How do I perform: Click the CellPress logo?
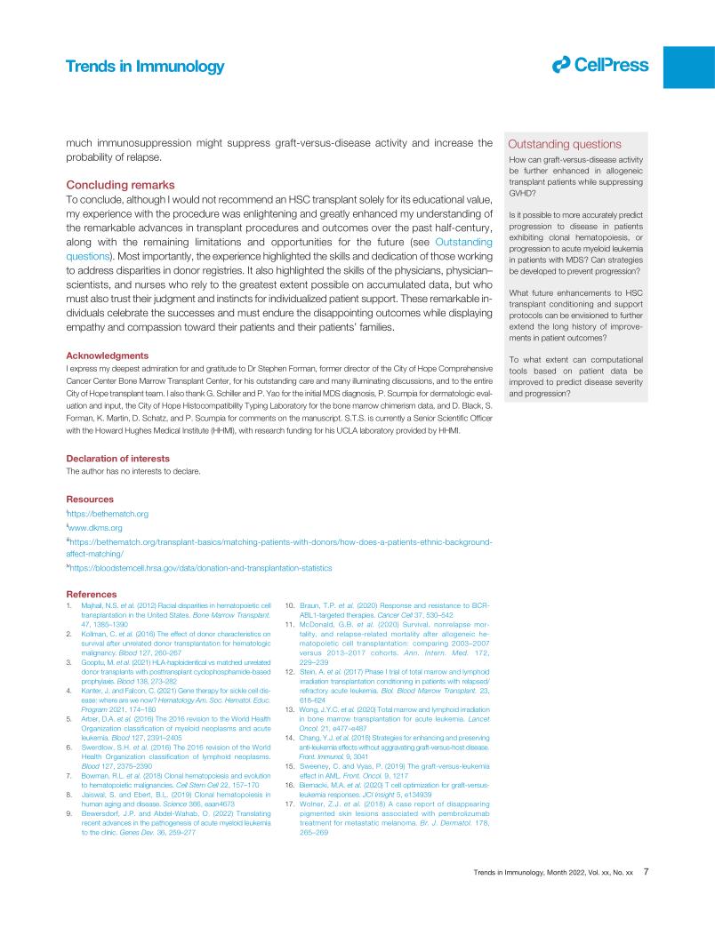(x=600, y=64)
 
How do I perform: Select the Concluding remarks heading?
(x=124, y=185)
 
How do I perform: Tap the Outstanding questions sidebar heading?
(x=565, y=145)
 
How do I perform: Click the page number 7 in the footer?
(x=647, y=897)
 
